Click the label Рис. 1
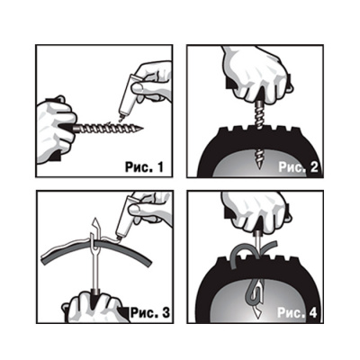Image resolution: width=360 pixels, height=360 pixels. [x=144, y=166]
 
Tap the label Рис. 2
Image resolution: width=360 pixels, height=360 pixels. [x=298, y=167]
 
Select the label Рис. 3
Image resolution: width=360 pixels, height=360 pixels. [x=150, y=312]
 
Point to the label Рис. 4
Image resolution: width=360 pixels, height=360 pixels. [x=297, y=312]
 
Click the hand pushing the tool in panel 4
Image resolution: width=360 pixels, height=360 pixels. [x=255, y=211]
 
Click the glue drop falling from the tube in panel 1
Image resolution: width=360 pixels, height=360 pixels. [x=121, y=120]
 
